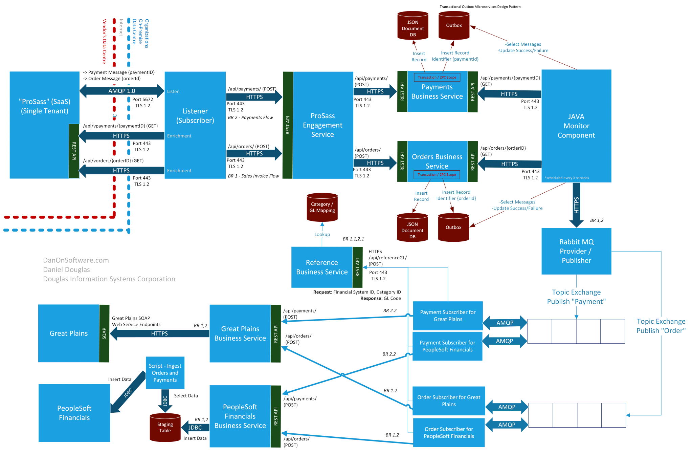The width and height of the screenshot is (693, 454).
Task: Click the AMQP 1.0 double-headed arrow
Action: (x=121, y=91)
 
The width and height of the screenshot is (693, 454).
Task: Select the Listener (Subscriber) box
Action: (x=195, y=116)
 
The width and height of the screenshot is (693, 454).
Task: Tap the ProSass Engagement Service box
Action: (x=322, y=125)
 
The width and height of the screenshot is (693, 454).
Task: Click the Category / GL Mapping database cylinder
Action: (x=322, y=208)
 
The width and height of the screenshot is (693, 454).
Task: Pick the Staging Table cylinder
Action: (x=165, y=428)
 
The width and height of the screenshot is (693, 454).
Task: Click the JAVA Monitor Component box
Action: (x=576, y=126)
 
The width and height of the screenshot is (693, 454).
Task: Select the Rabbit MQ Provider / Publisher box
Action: (x=576, y=251)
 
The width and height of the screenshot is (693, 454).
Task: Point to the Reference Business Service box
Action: (x=322, y=267)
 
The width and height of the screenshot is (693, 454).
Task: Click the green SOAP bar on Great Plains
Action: (x=104, y=333)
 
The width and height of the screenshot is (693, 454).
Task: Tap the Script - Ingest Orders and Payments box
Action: (x=165, y=373)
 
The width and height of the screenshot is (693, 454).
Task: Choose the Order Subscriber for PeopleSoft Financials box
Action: (x=449, y=433)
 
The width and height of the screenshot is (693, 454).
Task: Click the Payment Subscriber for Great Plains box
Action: (x=448, y=316)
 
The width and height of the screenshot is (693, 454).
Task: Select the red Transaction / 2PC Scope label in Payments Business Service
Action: (x=437, y=77)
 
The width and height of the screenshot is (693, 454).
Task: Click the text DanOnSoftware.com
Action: (x=76, y=260)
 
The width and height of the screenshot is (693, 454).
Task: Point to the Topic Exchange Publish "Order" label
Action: (x=661, y=326)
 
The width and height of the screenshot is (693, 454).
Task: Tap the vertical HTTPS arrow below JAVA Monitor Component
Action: (x=576, y=205)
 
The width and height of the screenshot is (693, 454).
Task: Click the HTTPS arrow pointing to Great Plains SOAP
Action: (x=159, y=333)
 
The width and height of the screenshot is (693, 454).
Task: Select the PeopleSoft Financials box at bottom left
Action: (x=74, y=413)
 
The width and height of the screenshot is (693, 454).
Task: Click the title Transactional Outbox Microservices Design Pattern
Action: (x=480, y=6)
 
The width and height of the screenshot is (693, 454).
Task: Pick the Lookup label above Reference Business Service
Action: (x=322, y=234)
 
